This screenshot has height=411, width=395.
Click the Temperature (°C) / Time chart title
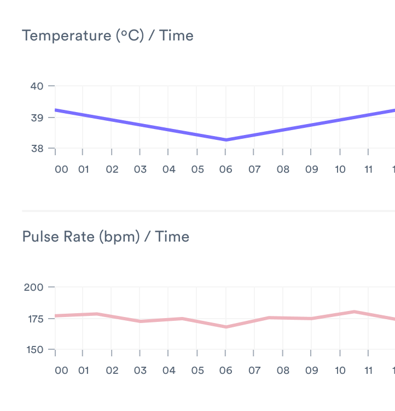point(107,36)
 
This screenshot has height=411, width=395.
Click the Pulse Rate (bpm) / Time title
point(106,237)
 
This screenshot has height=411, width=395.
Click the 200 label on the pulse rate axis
point(35,287)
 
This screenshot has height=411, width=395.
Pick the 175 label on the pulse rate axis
point(35,319)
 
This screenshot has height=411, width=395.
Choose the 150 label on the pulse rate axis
point(35,350)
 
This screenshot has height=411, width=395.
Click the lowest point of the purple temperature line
point(225,140)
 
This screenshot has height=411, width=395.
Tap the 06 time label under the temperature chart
point(225,169)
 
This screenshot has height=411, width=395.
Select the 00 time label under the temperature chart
point(62,169)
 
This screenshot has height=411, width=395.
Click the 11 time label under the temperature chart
point(369,169)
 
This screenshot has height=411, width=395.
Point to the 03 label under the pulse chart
point(141,371)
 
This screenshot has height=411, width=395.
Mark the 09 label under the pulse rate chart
point(311,371)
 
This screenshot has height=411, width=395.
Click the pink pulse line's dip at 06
point(225,327)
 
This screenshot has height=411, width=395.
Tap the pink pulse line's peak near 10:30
point(355,312)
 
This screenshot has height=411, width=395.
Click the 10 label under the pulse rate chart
point(340,371)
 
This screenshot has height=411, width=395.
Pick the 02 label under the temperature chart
point(112,169)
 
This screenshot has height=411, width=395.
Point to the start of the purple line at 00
point(56,110)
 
